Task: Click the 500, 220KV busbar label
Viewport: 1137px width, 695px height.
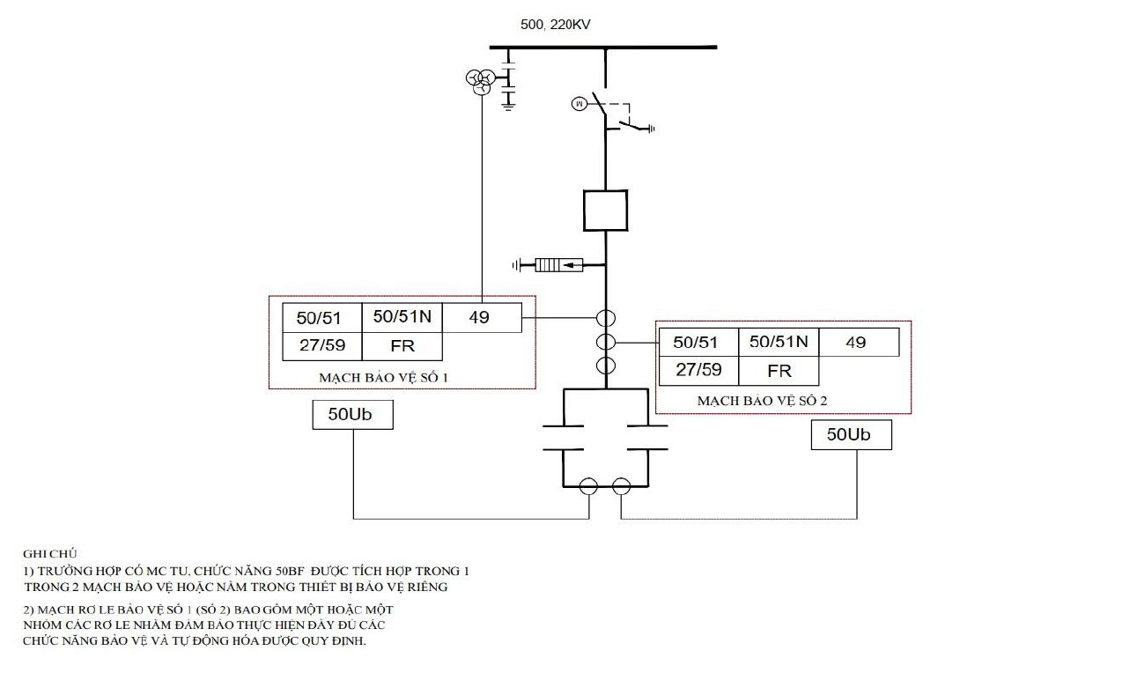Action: [556, 25]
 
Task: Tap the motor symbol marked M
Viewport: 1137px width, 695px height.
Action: [580, 104]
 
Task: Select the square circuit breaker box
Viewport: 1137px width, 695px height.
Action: [605, 211]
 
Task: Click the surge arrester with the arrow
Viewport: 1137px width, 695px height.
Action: [559, 264]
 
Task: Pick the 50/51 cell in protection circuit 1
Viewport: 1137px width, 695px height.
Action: [321, 318]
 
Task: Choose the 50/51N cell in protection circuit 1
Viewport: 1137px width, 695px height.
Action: [402, 317]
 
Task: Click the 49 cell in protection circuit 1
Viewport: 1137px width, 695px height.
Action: [482, 317]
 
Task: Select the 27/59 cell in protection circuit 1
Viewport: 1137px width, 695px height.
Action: [321, 346]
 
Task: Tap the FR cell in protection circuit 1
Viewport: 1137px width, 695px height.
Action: [402, 346]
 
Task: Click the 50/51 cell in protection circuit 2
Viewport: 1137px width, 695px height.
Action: [698, 342]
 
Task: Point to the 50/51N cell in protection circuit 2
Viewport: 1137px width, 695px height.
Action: [779, 342]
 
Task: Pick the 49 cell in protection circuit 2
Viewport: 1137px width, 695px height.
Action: [859, 342]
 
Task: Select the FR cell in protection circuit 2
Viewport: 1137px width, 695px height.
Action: [779, 371]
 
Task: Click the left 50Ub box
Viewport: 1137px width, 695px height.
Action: [352, 415]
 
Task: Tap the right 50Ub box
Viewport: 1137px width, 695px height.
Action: [852, 434]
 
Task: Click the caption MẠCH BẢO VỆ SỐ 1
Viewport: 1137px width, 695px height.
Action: [383, 378]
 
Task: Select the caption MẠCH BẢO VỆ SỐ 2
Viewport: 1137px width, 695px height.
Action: [762, 401]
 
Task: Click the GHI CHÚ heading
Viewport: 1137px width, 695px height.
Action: [49, 553]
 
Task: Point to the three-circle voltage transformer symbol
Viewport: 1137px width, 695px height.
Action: [481, 82]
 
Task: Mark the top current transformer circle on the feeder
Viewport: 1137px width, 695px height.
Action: [606, 318]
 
